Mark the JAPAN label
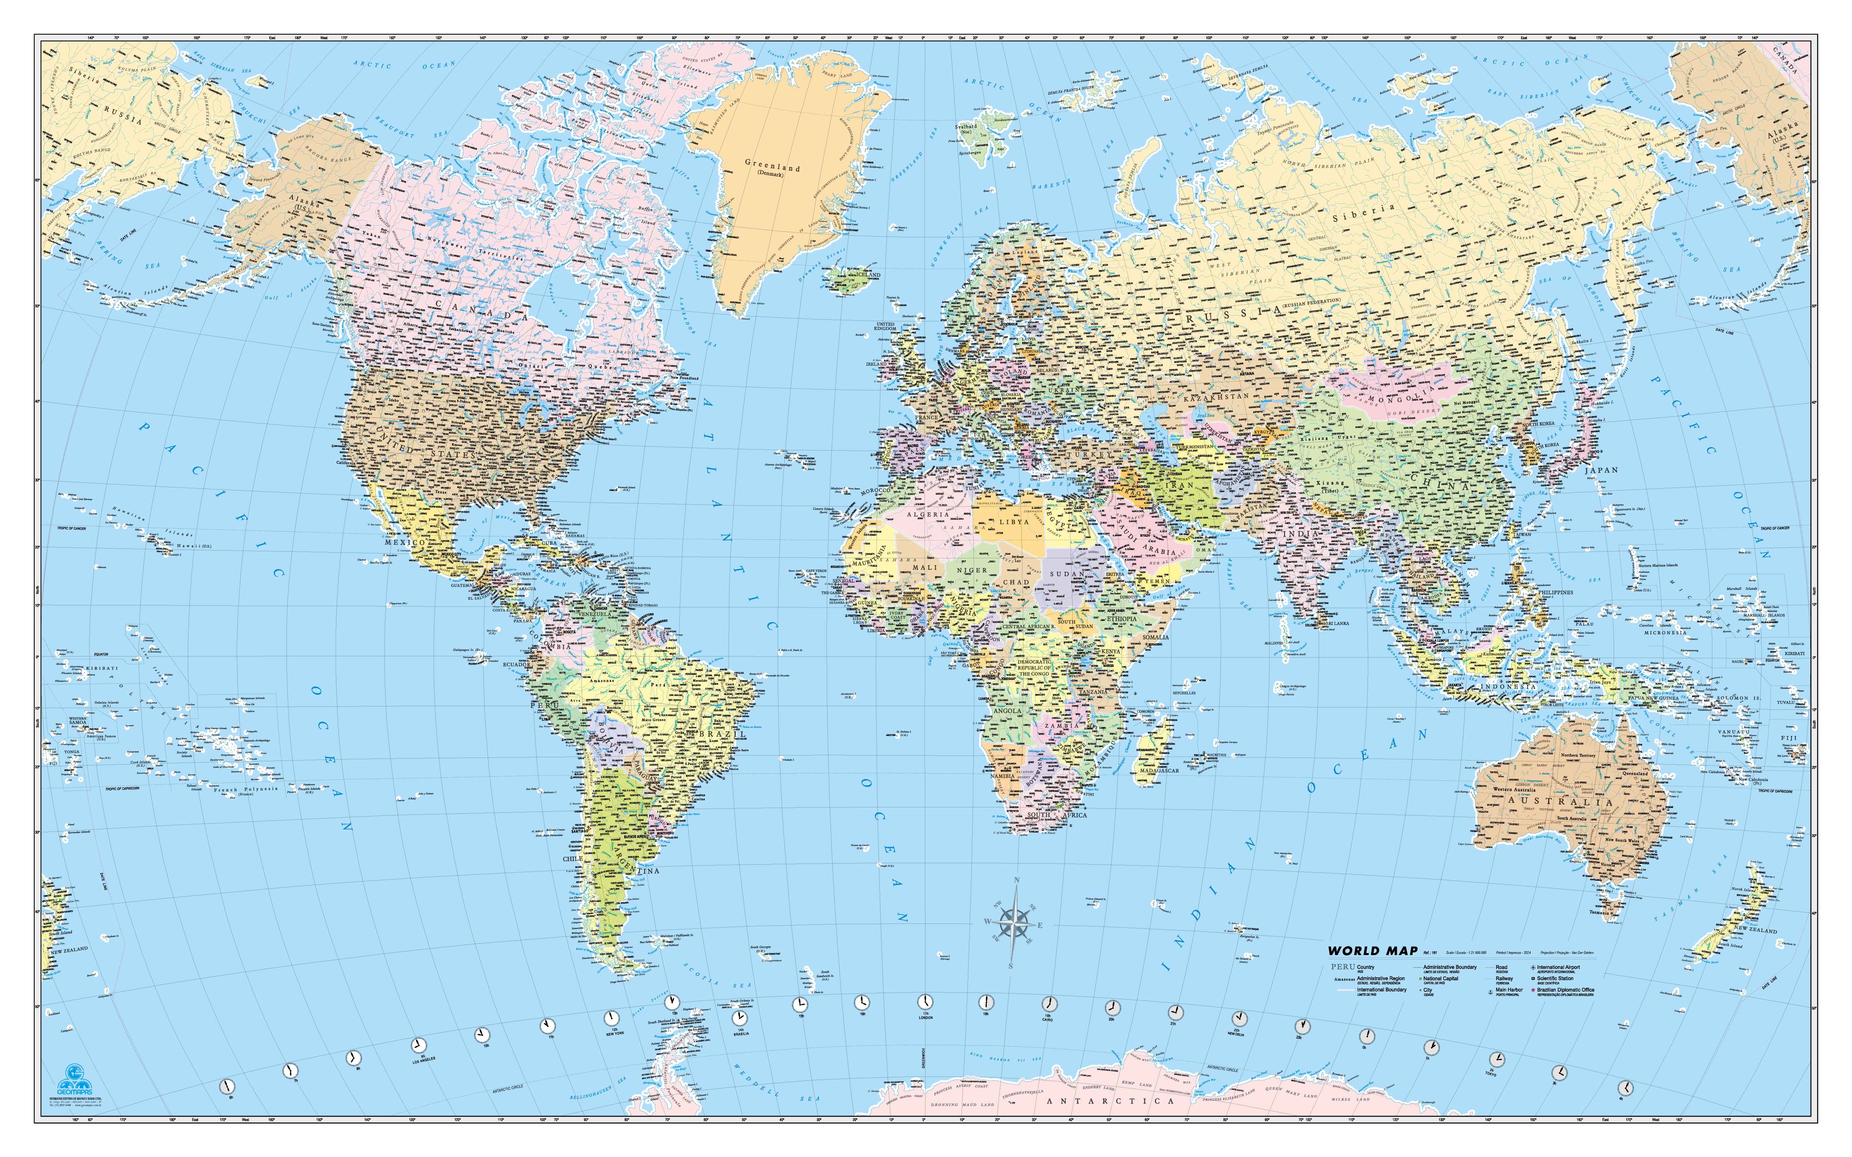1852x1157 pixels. [x=1601, y=470]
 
